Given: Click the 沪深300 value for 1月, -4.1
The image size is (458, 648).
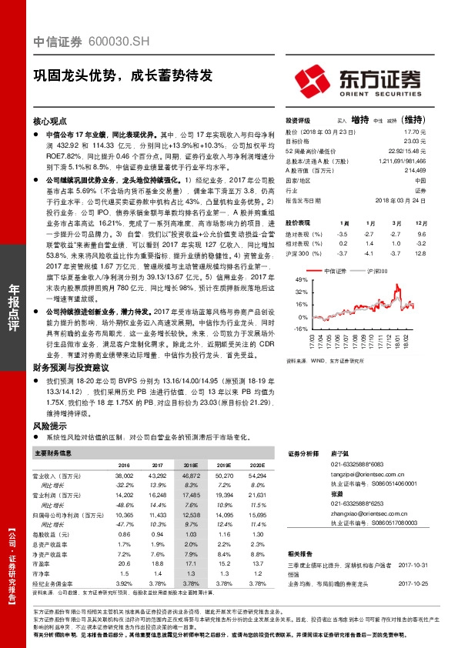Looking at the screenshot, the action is [x=369, y=252].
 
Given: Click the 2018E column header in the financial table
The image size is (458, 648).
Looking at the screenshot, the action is [x=190, y=466].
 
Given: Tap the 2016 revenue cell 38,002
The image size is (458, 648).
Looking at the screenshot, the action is [x=123, y=477].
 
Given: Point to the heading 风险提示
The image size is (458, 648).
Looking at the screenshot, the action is [x=49, y=425].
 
